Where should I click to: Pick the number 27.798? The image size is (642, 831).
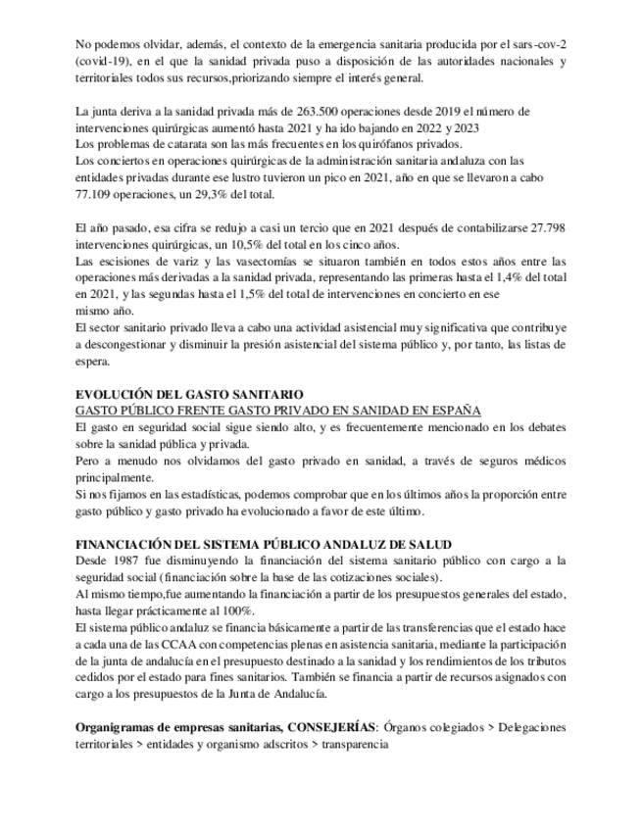[x=546, y=226]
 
